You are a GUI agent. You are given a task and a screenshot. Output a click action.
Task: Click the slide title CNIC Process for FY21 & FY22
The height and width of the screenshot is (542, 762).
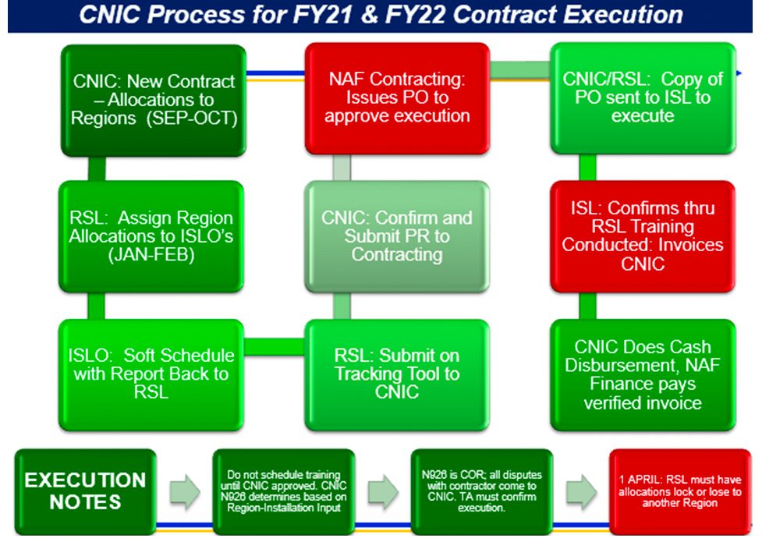[381, 15]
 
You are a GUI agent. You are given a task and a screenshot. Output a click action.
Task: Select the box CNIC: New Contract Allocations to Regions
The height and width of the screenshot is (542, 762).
[153, 99]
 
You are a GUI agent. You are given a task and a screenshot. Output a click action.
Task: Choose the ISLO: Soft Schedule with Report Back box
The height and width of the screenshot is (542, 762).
[151, 374]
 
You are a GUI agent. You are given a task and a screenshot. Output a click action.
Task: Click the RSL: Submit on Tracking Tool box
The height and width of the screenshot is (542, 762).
[397, 374]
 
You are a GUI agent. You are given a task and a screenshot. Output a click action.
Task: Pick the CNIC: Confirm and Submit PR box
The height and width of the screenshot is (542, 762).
[397, 236]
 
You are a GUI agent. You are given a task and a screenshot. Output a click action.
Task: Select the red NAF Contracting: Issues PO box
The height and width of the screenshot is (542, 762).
[397, 97]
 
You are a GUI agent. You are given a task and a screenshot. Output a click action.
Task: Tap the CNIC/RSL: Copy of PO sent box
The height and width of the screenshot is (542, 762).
[643, 97]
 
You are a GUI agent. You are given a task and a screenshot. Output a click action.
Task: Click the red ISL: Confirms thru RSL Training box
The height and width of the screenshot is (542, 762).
[643, 236]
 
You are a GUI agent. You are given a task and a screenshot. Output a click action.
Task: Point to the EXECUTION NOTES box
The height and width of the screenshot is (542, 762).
[85, 491]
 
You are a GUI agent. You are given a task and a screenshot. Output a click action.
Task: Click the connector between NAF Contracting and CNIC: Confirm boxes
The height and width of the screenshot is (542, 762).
[342, 167]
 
